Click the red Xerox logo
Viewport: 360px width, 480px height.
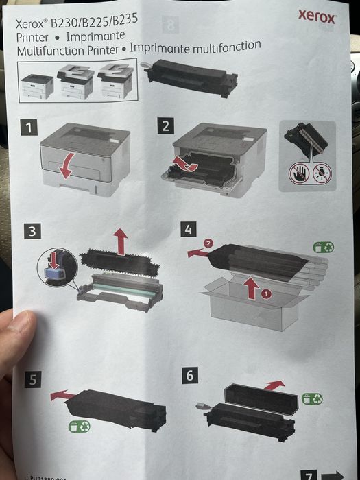pos(317,17)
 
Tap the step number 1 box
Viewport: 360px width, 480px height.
pos(28,127)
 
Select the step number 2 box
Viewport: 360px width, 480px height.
pos(166,126)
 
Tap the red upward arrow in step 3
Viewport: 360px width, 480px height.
pos(121,241)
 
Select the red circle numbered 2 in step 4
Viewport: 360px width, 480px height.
pos(208,244)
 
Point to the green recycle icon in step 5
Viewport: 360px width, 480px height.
pos(79,427)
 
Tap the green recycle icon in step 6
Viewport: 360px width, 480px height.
pos(312,398)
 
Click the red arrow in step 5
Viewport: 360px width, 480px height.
pos(63,395)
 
